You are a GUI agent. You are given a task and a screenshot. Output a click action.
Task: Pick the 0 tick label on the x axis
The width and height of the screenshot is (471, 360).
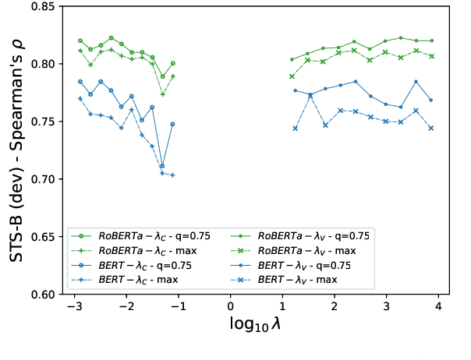coord(231,308)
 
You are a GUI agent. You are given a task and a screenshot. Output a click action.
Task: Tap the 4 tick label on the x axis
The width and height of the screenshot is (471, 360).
coord(438,308)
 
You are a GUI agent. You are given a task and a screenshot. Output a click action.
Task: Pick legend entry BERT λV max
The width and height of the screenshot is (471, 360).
coord(300,279)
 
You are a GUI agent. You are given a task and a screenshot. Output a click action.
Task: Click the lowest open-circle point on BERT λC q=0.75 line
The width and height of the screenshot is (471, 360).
coord(162,166)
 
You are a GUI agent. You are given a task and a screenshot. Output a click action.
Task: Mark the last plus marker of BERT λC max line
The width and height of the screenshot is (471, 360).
coord(172,175)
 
